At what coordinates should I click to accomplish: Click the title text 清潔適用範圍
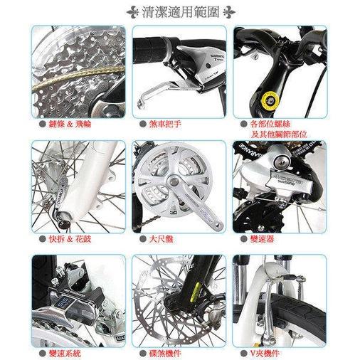(180, 12)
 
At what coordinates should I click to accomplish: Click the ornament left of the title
(132, 12)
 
